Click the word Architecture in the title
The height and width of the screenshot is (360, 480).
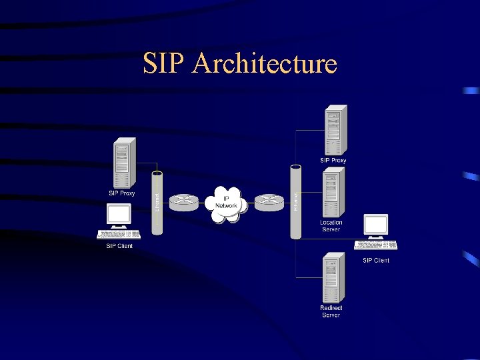click(265, 64)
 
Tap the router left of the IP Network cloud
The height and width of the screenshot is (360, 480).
click(184, 202)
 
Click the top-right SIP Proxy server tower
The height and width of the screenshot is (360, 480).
click(334, 130)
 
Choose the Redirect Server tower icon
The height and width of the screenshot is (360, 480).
click(331, 278)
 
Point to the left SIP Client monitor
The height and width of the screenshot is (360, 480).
click(119, 215)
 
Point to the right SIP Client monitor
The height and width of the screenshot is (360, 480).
click(375, 225)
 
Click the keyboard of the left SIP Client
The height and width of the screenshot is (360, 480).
click(119, 234)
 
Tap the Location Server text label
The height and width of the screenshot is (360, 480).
click(331, 226)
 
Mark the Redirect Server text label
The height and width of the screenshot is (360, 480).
click(331, 311)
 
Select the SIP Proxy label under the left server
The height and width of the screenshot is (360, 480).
click(122, 193)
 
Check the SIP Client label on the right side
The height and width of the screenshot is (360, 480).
click(376, 260)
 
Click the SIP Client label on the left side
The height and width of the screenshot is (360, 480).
click(119, 246)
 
